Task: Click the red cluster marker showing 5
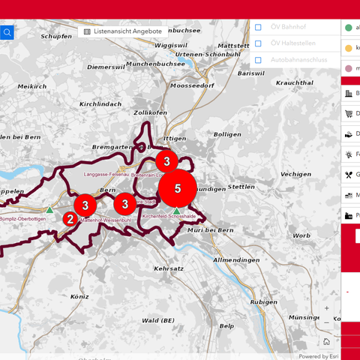(178, 188)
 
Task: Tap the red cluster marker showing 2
(69, 219)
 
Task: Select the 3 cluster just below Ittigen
(166, 160)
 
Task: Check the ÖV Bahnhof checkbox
(258, 27)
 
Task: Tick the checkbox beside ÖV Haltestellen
(258, 43)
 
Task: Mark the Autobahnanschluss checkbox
(258, 60)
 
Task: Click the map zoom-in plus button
(326, 308)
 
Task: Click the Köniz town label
(79, 296)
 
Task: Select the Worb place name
(301, 235)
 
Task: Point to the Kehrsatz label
(168, 268)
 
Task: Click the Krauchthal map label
(294, 82)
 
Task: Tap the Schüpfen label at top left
(56, 36)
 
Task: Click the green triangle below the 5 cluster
(176, 211)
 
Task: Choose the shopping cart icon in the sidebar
(349, 114)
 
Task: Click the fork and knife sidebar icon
(349, 175)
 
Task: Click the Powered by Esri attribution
(319, 356)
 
